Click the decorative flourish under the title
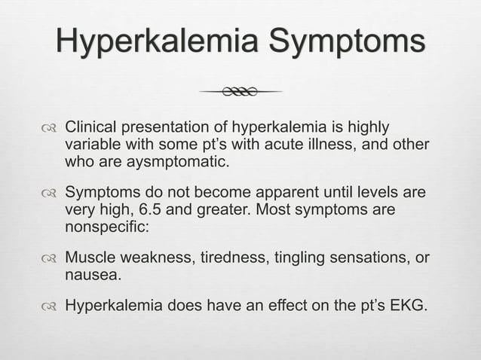pos(240,92)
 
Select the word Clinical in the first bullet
pos(89,125)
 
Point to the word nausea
pos(90,276)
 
